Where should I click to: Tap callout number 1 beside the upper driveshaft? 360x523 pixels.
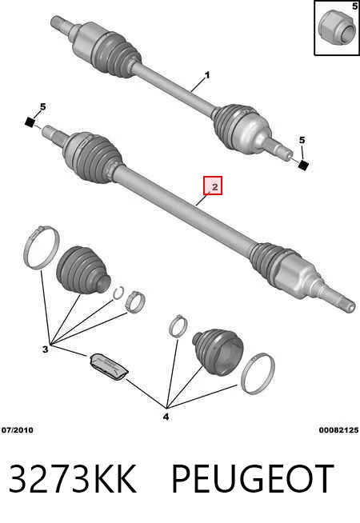(207, 75)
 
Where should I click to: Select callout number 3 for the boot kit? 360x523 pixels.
(46, 349)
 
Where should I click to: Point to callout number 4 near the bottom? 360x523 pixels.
(166, 417)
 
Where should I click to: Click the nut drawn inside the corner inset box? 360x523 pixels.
(336, 28)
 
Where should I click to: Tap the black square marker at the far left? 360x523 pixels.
(30, 122)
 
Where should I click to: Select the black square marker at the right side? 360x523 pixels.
(303, 165)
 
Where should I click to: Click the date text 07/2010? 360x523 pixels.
(18, 430)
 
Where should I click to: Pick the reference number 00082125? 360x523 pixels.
(338, 430)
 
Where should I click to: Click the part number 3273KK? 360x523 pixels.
(73, 478)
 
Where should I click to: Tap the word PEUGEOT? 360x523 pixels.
(253, 478)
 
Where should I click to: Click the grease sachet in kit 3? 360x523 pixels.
(109, 366)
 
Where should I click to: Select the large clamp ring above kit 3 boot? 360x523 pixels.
(42, 247)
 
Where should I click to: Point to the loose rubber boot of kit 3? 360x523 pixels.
(83, 269)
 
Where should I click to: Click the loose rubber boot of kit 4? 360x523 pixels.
(218, 351)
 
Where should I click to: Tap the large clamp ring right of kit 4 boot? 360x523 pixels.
(258, 373)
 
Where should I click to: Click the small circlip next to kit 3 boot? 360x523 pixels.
(118, 293)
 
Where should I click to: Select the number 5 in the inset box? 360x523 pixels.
(354, 6)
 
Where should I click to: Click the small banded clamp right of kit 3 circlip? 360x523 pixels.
(135, 301)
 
